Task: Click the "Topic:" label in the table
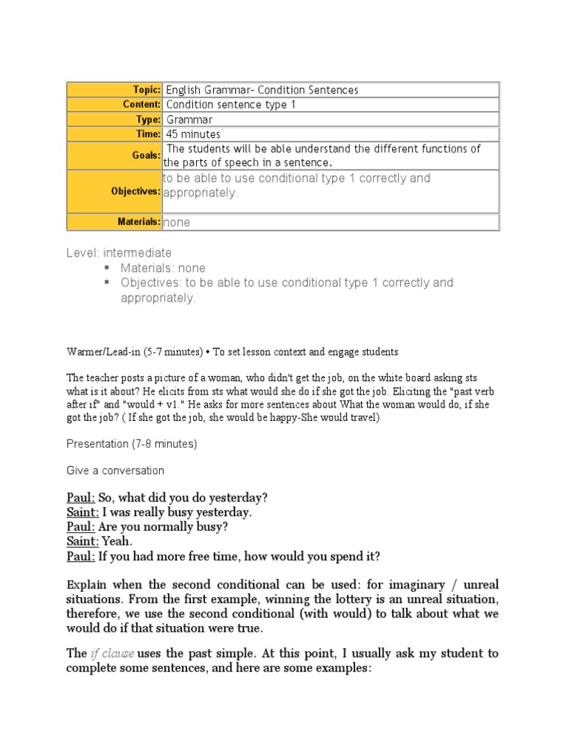[x=146, y=90]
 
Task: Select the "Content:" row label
[x=141, y=105]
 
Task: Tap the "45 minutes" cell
[x=193, y=134]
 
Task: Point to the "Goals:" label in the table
[x=147, y=156]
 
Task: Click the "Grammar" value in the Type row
[x=189, y=119]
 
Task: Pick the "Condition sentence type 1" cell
[x=231, y=105]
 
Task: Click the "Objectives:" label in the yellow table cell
[x=136, y=192]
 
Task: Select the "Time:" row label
[x=147, y=134]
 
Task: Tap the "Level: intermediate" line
[x=119, y=253]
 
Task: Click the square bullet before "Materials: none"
[x=107, y=268]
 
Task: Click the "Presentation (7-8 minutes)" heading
[x=132, y=444]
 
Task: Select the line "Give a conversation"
[x=115, y=470]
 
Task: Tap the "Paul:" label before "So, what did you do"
[x=80, y=496]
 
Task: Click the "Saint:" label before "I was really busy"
[x=83, y=512]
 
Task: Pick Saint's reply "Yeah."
[x=118, y=541]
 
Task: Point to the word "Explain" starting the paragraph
[x=88, y=585]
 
